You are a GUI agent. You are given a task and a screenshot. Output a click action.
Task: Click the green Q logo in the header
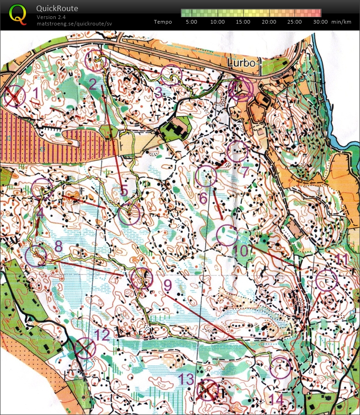tap(18, 14)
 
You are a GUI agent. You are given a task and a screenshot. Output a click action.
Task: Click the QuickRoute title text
tap(57, 8)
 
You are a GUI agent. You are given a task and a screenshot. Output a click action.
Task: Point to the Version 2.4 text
tap(52, 17)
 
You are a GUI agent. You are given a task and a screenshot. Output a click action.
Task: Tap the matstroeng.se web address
tap(74, 23)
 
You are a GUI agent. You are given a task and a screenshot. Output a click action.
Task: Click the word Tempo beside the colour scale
tap(163, 22)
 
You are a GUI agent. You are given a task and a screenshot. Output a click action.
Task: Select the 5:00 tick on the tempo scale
tap(191, 22)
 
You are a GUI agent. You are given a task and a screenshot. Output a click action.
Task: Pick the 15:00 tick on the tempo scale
tap(243, 22)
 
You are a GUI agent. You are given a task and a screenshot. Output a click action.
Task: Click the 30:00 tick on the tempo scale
tap(320, 22)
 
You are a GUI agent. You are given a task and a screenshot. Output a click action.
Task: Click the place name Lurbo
tap(241, 63)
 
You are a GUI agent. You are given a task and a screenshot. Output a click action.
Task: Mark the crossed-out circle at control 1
tap(14, 96)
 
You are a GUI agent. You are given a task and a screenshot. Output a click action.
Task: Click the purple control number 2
tap(93, 84)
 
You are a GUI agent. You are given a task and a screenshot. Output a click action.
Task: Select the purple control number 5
tap(124, 191)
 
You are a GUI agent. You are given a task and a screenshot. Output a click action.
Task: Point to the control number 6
tap(203, 197)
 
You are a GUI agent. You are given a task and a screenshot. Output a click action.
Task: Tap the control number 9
tap(167, 284)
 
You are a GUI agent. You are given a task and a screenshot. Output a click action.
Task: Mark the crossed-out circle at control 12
tap(85, 348)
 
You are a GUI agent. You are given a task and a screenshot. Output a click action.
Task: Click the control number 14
tap(276, 399)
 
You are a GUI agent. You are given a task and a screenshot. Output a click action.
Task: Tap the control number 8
tap(58, 246)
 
